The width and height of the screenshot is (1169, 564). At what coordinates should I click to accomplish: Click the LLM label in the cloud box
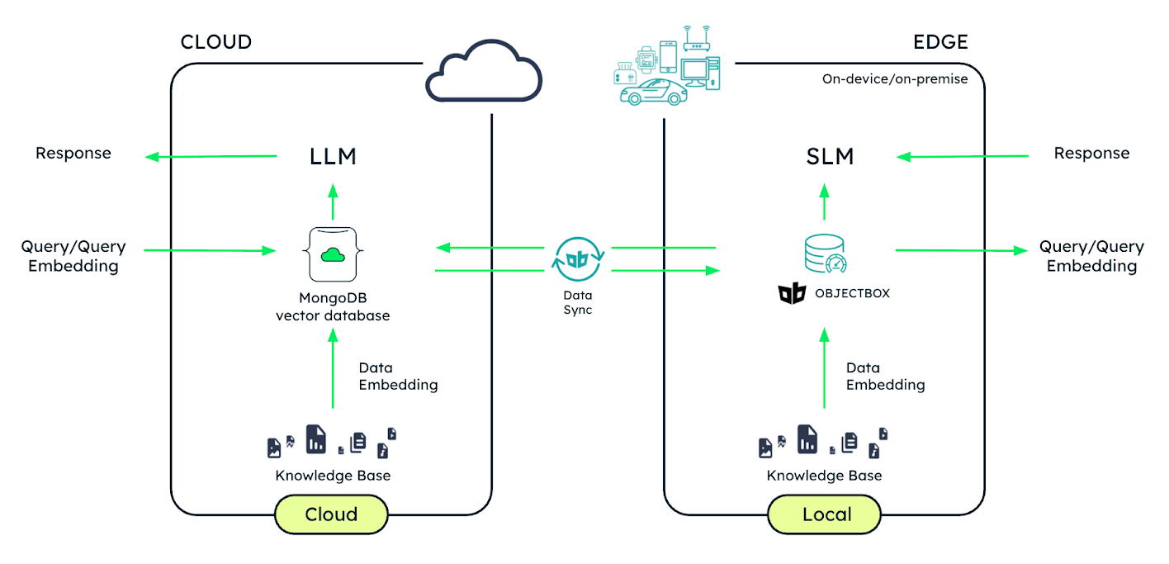point(333,157)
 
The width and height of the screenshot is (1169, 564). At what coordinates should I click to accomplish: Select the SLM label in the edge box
point(830,157)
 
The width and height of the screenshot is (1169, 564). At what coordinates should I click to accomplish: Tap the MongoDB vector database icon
point(333,255)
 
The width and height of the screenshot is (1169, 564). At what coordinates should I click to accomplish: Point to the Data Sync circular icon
point(578,258)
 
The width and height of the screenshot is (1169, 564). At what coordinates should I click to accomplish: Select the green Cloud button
point(331,514)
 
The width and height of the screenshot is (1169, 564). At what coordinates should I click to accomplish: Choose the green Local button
point(826,514)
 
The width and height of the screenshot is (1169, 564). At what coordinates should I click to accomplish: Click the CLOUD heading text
point(215,41)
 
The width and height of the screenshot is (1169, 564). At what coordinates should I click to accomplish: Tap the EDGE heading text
point(940,41)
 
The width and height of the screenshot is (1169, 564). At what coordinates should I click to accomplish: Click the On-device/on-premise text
point(894,79)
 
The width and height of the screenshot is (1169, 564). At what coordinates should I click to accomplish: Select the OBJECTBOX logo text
point(851,293)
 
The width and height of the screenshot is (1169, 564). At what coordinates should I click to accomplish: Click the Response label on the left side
point(73,154)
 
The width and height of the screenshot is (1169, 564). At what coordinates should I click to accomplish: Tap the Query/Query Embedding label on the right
point(1091,256)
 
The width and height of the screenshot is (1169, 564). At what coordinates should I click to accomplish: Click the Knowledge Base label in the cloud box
point(333,476)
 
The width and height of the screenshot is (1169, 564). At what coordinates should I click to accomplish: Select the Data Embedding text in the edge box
point(885,377)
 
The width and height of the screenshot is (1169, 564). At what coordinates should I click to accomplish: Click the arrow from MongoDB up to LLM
point(333,202)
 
